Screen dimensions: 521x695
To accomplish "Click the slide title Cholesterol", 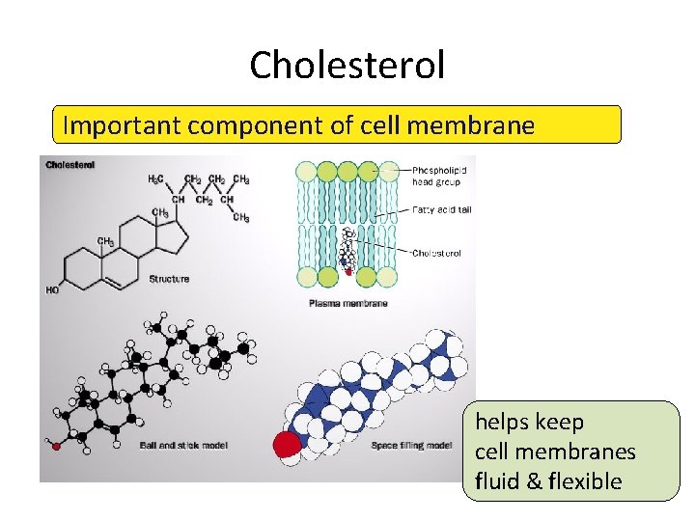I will (x=347, y=66).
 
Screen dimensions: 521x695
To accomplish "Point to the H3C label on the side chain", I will (x=154, y=179).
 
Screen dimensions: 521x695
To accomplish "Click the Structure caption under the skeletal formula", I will (x=169, y=279).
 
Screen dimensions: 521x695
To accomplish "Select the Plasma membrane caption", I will (x=348, y=303).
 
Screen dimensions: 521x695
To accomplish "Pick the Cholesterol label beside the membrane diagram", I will (x=436, y=254).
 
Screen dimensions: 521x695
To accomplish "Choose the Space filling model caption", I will (x=411, y=446).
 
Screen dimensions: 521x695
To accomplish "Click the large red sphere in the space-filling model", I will (x=288, y=445).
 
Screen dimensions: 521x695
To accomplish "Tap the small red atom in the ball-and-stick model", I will (x=56, y=447).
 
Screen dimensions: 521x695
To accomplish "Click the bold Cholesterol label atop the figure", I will (x=69, y=165).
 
